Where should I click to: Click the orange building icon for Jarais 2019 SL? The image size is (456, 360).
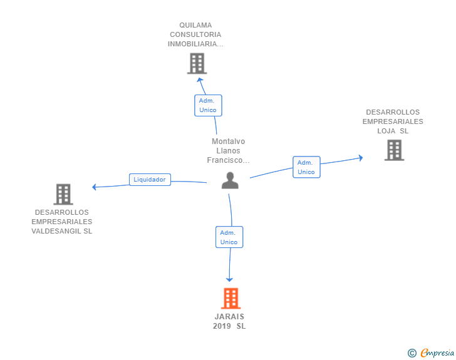(231, 299)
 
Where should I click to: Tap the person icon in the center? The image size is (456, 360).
(231, 180)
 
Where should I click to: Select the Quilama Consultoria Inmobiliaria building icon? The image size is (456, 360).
(197, 63)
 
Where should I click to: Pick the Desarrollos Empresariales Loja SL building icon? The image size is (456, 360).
(394, 150)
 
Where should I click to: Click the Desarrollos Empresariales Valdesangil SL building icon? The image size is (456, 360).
(63, 194)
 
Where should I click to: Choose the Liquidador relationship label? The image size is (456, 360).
(150, 180)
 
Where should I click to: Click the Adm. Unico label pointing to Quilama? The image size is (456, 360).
(208, 105)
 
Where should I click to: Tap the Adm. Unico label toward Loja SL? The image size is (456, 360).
(306, 167)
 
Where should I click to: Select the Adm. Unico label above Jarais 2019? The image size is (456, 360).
(229, 237)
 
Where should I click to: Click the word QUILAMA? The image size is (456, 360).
(195, 26)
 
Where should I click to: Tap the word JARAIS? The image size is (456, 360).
(229, 317)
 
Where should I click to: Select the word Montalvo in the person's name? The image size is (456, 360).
(228, 141)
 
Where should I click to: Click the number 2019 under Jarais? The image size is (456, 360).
(222, 326)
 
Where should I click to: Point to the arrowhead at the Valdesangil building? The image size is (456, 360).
(94, 187)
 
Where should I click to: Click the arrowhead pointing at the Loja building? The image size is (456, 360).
(360, 157)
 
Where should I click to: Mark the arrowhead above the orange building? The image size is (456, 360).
(229, 279)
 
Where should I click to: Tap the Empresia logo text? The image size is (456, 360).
(437, 353)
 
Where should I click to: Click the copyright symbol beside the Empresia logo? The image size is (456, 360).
(412, 353)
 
